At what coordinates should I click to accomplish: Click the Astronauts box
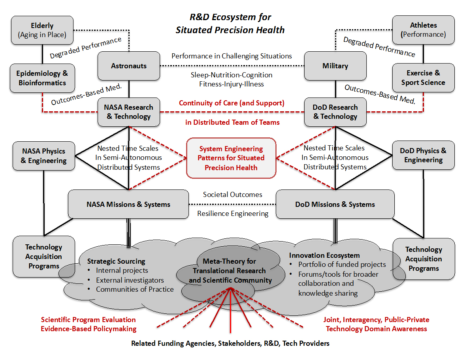(128, 66)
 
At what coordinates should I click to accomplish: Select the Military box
(335, 66)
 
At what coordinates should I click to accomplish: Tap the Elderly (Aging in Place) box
(42, 30)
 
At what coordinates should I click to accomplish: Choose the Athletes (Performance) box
(423, 30)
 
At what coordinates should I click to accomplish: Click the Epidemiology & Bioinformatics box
(42, 78)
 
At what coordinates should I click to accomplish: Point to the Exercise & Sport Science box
(423, 78)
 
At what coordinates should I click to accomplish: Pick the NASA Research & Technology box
(128, 112)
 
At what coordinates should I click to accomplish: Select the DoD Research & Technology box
(335, 112)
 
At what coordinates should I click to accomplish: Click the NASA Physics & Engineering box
(43, 156)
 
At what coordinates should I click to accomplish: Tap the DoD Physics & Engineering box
(423, 156)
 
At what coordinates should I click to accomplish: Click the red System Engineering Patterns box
(231, 158)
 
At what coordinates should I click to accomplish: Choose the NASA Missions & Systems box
(128, 204)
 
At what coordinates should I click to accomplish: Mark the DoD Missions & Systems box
(335, 204)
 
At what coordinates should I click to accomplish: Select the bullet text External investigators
(130, 280)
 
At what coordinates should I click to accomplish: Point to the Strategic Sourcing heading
(116, 261)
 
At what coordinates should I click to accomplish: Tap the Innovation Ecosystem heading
(324, 255)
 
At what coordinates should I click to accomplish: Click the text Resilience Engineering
(233, 214)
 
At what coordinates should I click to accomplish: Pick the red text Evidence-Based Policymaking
(89, 328)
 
